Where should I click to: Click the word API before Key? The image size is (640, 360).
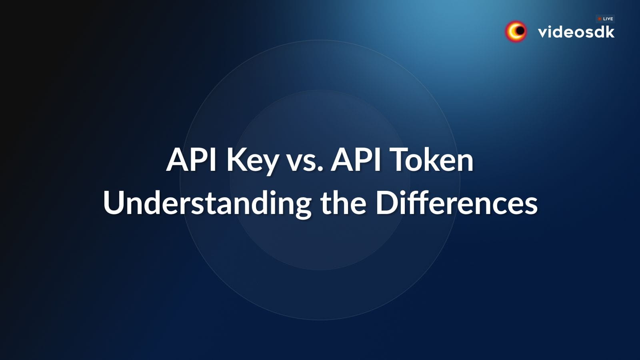pyautogui.click(x=192, y=160)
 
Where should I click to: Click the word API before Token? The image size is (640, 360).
pyautogui.click(x=356, y=160)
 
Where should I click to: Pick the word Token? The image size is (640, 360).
pyautogui.click(x=432, y=160)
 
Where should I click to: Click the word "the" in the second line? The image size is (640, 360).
pyautogui.click(x=343, y=203)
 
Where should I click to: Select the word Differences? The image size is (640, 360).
pyautogui.click(x=456, y=203)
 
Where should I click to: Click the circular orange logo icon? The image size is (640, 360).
pyautogui.click(x=516, y=31)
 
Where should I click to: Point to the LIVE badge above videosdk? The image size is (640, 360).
pyautogui.click(x=605, y=19)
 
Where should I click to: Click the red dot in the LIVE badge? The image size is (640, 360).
pyautogui.click(x=600, y=19)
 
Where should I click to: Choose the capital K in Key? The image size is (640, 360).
pyautogui.click(x=235, y=160)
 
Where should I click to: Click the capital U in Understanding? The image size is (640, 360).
pyautogui.click(x=113, y=203)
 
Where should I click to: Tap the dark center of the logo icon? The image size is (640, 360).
pyautogui.click(x=520, y=31)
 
